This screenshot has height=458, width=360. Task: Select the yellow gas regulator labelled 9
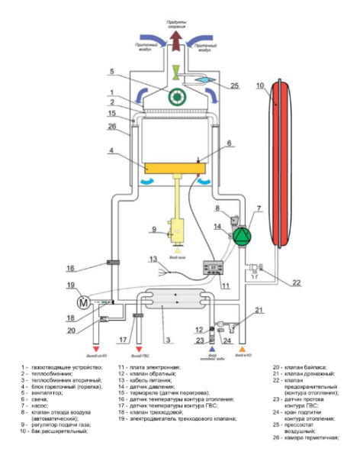[177, 229]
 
